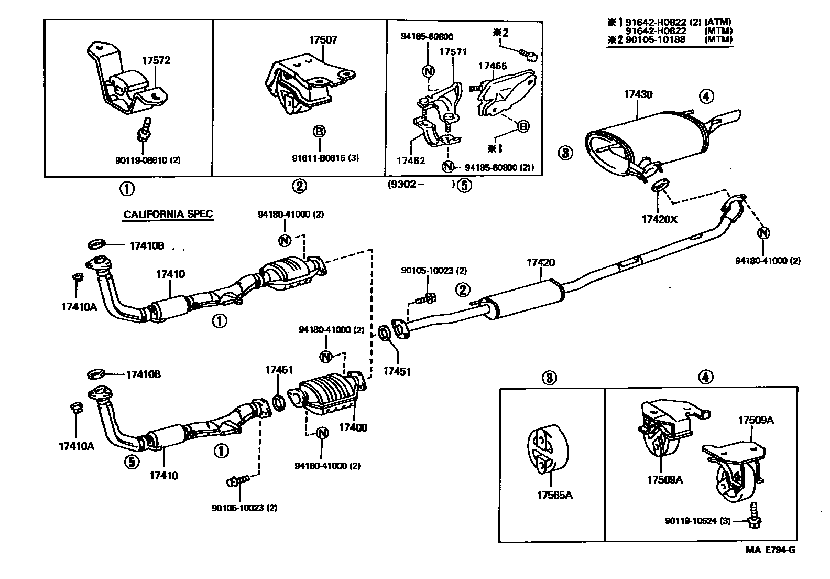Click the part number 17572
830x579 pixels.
tap(156, 60)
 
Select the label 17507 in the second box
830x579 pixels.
tap(323, 39)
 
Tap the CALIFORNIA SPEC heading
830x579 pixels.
tap(168, 214)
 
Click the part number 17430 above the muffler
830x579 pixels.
tap(638, 94)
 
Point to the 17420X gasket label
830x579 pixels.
tap(659, 219)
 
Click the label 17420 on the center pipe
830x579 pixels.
tap(540, 262)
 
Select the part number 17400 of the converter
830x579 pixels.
tap(353, 427)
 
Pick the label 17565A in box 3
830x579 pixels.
tap(554, 495)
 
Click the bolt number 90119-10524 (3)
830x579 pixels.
tap(697, 521)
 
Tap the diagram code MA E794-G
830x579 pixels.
tap(770, 550)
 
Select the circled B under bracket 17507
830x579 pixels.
tap(319, 132)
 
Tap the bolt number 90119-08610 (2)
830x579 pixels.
tap(148, 160)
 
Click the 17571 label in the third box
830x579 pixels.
tap(453, 52)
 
